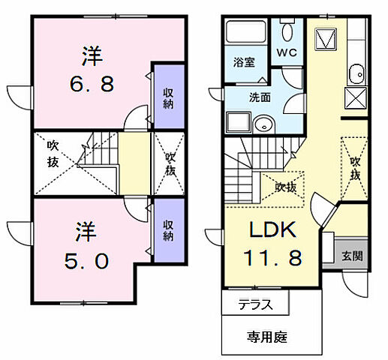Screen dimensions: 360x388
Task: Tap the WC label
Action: (287, 53)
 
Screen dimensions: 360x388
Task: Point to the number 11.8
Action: (272, 258)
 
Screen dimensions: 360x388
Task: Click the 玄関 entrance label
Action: (353, 255)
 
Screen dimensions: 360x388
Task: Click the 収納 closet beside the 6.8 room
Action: (170, 97)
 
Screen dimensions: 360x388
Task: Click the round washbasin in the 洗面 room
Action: (263, 124)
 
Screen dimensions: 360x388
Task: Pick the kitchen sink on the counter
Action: (355, 74)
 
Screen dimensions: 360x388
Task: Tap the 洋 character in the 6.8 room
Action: (92, 55)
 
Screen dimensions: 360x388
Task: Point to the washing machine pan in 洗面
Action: (236, 123)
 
